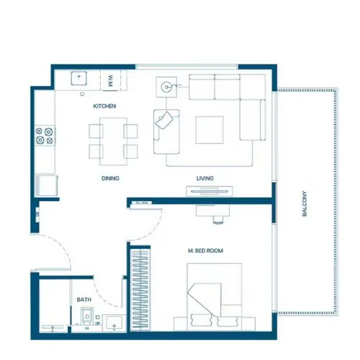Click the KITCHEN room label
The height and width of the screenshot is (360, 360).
click(105, 107)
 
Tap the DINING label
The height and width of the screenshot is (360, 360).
click(109, 178)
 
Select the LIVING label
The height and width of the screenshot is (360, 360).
click(205, 178)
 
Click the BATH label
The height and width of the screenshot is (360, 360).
click(84, 300)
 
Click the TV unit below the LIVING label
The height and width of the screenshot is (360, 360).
click(210, 191)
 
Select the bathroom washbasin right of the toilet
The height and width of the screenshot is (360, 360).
click(114, 322)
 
